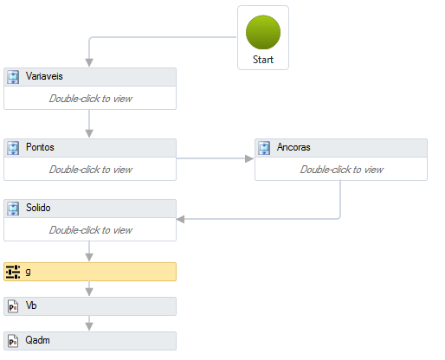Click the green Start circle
point(263,32)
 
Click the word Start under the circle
point(263,60)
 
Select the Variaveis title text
point(44,76)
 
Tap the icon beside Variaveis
point(13,77)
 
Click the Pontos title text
point(40,147)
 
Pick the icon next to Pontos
point(13,148)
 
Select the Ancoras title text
point(293,147)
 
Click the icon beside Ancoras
point(264,148)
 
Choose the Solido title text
point(38,208)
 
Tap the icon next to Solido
point(13,209)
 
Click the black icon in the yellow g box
point(13,272)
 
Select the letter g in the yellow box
point(28,272)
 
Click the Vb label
point(31,305)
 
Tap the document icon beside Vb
point(13,306)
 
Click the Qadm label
point(37,340)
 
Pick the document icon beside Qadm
point(13,341)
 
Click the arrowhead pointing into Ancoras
point(249,158)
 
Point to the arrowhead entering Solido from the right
point(180,219)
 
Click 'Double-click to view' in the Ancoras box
point(342,170)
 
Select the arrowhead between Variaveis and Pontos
point(89,133)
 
